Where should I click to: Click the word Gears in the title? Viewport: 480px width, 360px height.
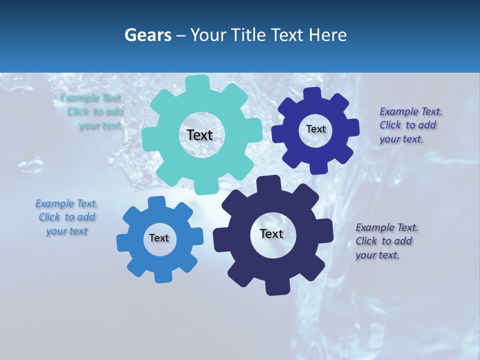pyautogui.click(x=147, y=35)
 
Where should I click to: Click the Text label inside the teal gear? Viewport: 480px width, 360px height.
pyautogui.click(x=199, y=135)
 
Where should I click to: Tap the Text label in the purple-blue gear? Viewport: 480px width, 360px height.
pyautogui.click(x=315, y=129)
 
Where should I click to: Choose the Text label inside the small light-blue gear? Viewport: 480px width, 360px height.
pyautogui.click(x=159, y=238)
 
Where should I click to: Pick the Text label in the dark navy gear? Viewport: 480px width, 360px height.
pyautogui.click(x=271, y=233)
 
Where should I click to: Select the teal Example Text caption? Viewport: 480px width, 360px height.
pyautogui.click(x=93, y=112)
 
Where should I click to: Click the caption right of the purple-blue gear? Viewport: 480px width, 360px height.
pyautogui.click(x=410, y=125)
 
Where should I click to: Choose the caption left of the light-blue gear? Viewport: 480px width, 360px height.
pyautogui.click(x=67, y=217)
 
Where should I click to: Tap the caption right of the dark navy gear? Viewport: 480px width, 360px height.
pyautogui.click(x=386, y=241)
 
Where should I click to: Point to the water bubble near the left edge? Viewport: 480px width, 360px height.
pyautogui.click(x=31, y=162)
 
